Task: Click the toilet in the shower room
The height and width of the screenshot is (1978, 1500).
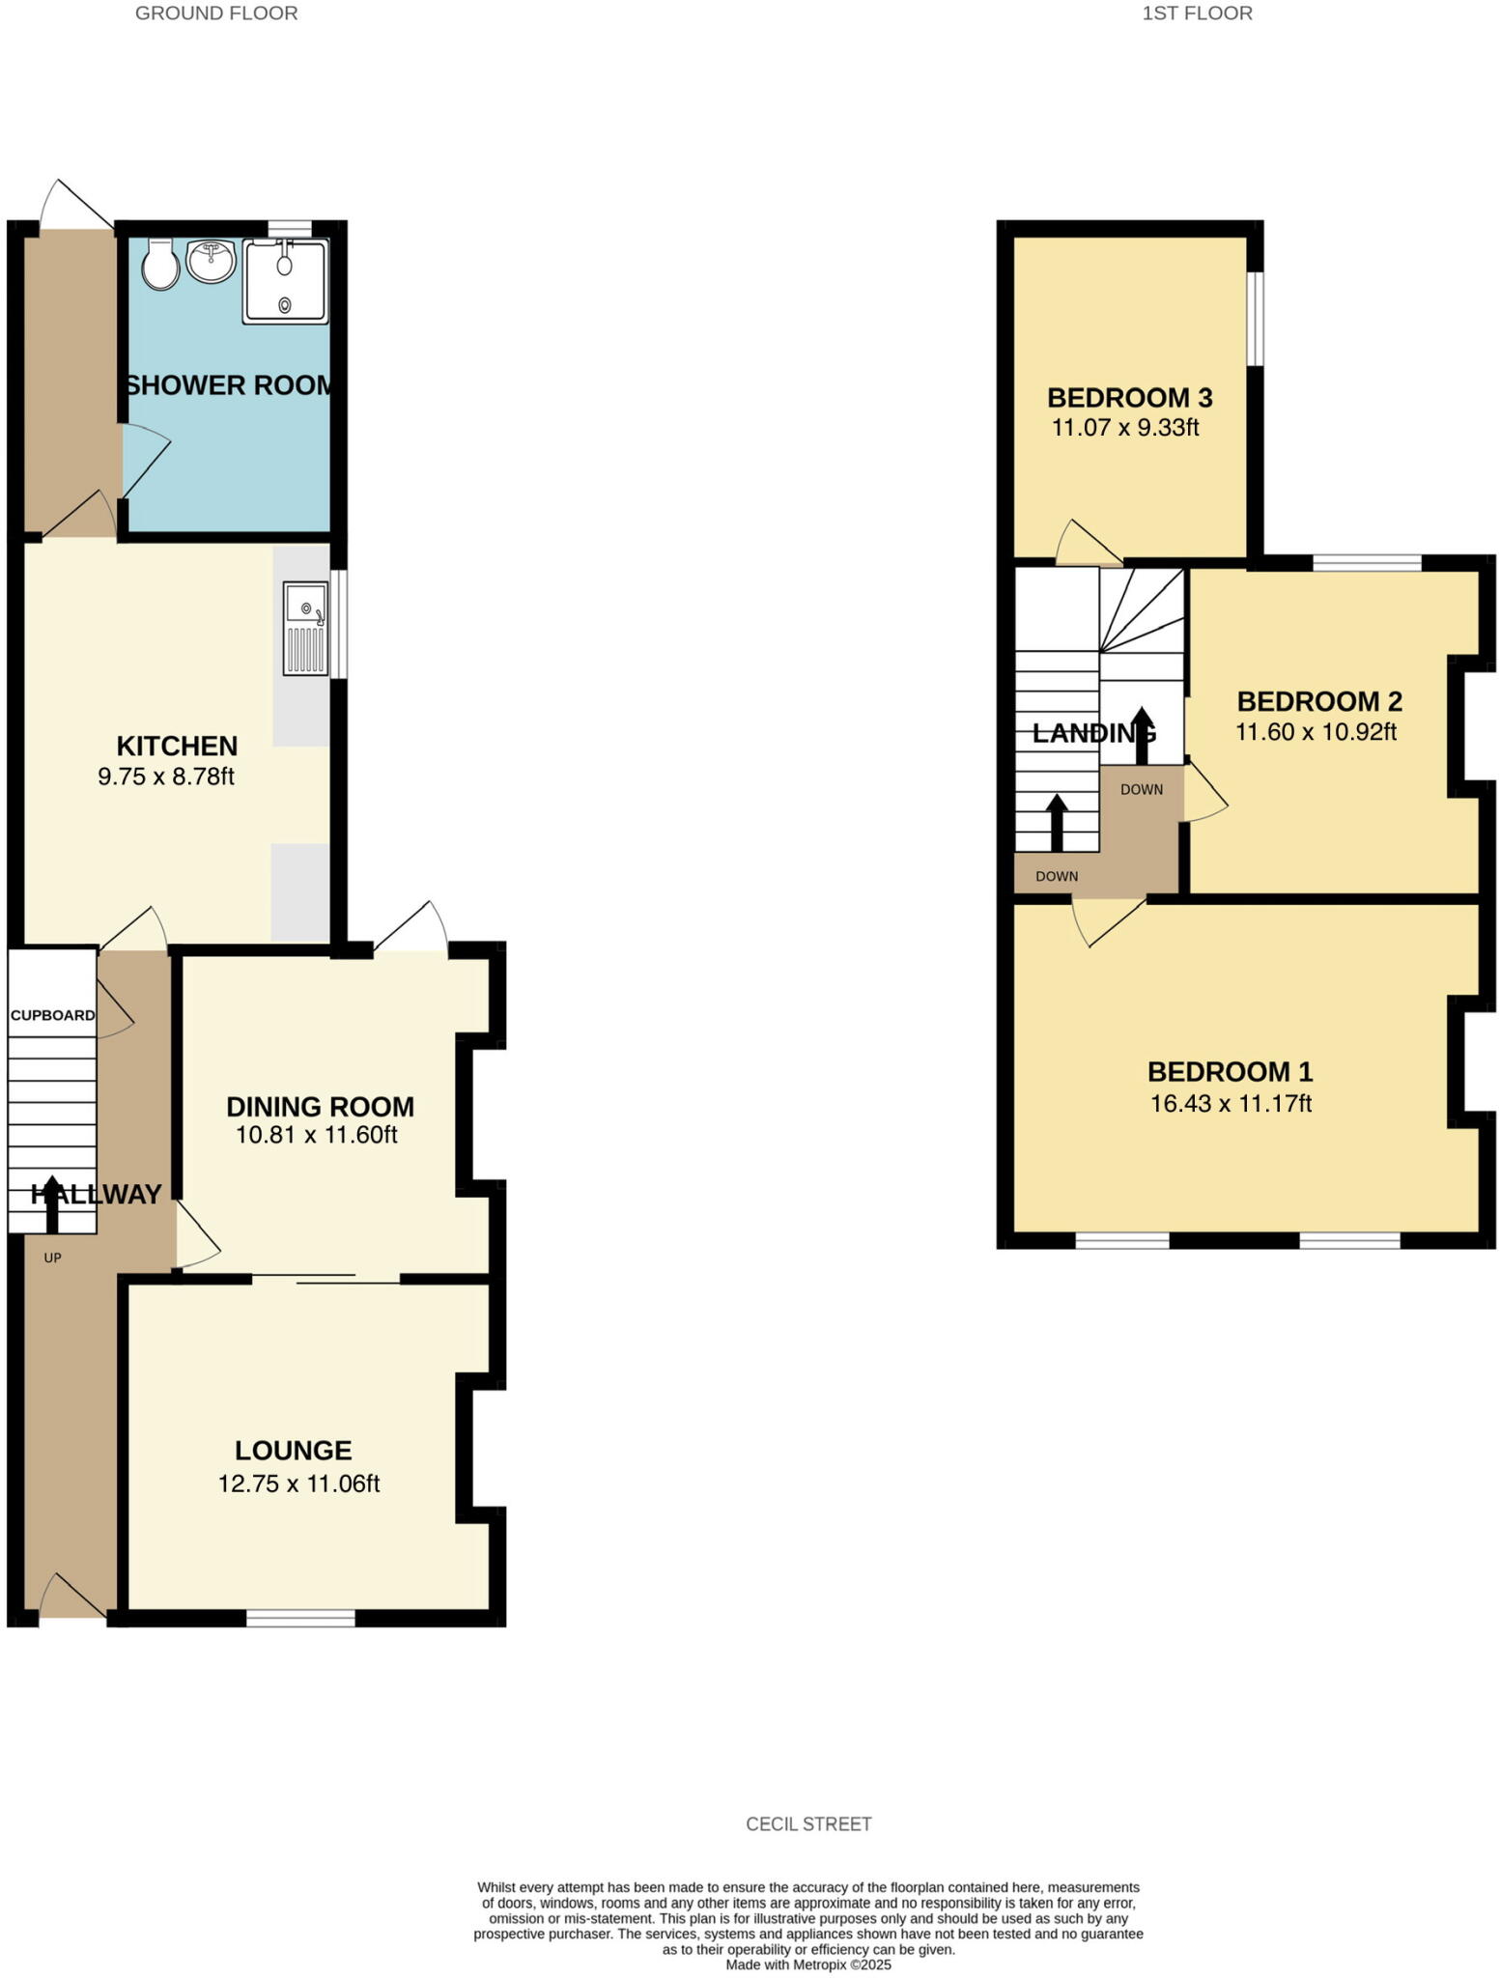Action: (x=160, y=265)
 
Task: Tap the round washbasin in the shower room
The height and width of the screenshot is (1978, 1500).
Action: (x=211, y=261)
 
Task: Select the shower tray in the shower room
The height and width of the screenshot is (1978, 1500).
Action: (x=286, y=281)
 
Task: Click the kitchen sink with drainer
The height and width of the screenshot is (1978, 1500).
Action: (x=305, y=628)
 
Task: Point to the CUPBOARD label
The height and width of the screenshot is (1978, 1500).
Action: (x=52, y=1015)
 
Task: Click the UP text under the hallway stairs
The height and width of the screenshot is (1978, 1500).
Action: (x=52, y=1258)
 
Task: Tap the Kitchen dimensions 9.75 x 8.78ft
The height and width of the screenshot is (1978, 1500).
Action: (x=166, y=777)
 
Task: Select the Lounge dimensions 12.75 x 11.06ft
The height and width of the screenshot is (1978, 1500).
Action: (x=298, y=1483)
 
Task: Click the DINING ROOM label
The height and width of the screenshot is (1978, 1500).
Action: (x=320, y=1107)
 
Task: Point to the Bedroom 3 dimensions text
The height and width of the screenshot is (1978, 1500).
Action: (x=1125, y=428)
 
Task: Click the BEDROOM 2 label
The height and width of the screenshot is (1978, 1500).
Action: (x=1319, y=701)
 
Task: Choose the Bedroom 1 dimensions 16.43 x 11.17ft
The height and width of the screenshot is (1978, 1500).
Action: (x=1231, y=1103)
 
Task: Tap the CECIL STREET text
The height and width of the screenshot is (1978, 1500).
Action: (x=808, y=1823)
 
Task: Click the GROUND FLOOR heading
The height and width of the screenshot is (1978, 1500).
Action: (x=216, y=14)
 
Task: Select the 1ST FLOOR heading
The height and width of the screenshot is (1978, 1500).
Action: (x=1197, y=14)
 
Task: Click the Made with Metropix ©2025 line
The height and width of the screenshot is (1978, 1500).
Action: (x=808, y=1964)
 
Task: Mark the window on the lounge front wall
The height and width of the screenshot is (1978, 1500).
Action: (x=300, y=1619)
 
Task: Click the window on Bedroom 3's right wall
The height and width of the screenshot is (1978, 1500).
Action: (x=1255, y=319)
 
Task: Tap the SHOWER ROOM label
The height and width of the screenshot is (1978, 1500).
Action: (x=230, y=385)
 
